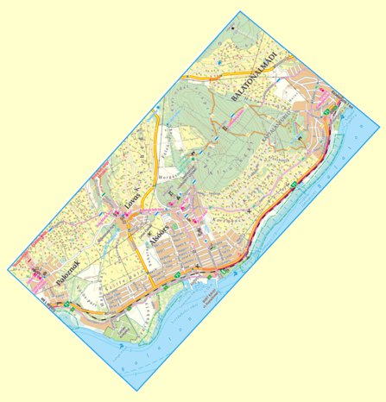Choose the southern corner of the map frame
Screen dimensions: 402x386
pos(137,391)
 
